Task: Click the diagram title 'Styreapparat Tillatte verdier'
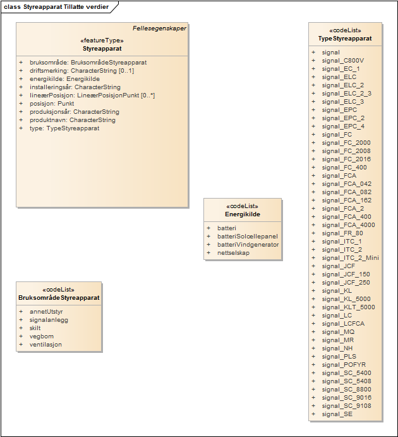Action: click(x=65, y=7)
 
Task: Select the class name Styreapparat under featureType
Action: click(x=102, y=48)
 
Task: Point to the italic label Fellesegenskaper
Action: click(x=159, y=28)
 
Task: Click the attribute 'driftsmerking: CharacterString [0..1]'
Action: click(x=81, y=71)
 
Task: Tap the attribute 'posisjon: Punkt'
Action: click(x=52, y=104)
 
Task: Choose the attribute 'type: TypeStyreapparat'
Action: click(x=64, y=128)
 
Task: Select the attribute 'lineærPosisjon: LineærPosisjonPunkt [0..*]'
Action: click(x=92, y=95)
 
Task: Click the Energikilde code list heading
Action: click(x=243, y=214)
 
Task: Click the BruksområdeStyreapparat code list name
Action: click(x=59, y=298)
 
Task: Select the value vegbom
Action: click(x=42, y=336)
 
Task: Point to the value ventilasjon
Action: click(x=45, y=345)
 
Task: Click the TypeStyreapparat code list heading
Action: click(x=345, y=39)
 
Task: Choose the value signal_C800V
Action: click(x=343, y=61)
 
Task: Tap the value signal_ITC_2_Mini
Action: click(x=350, y=258)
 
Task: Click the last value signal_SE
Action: click(x=337, y=414)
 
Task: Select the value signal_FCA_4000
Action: click(x=348, y=225)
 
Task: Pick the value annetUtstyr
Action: click(x=46, y=312)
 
